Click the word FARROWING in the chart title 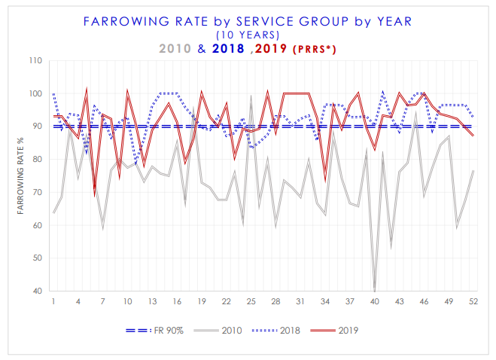[120, 21]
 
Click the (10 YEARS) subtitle [248, 35]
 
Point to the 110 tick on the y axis [35, 61]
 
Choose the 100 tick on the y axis [35, 94]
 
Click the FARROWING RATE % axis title [22, 176]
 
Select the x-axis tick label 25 [251, 301]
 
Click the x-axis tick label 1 [53, 301]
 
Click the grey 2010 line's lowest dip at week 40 [374, 290]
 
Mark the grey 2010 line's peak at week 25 [251, 96]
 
